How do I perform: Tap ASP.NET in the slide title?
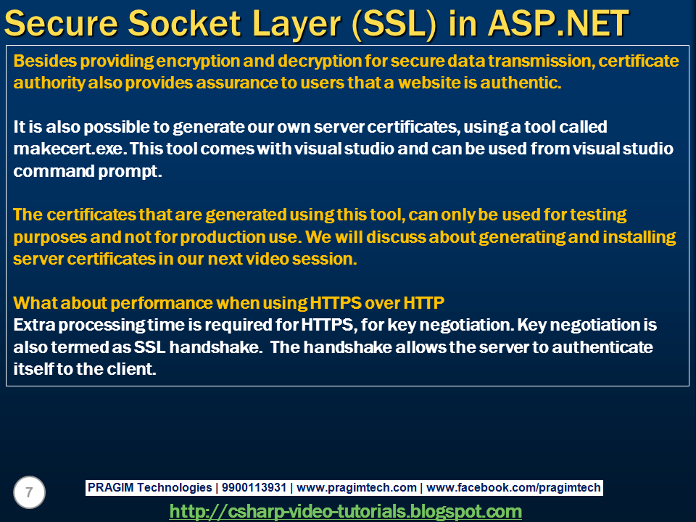tap(557, 24)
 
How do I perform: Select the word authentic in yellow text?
tap(523, 83)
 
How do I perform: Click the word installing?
tap(632, 238)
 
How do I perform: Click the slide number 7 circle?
tap(29, 493)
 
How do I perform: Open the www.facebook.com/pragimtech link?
tap(513, 488)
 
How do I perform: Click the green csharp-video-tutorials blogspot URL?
tap(345, 511)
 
